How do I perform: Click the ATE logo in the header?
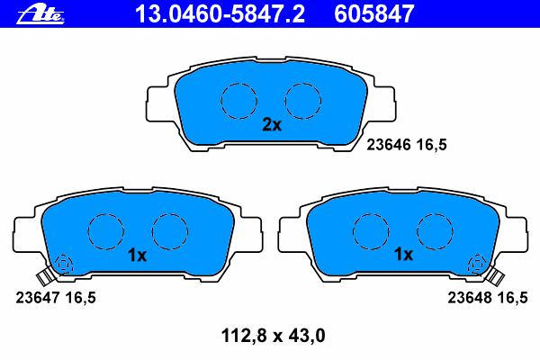tap(40, 14)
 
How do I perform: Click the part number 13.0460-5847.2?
tap(220, 14)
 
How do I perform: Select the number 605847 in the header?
tap(374, 14)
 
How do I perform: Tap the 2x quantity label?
tap(272, 125)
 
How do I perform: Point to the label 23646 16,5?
tap(407, 145)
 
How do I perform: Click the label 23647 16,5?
tap(56, 298)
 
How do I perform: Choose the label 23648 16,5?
tap(487, 298)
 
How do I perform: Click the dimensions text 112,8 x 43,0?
tap(273, 336)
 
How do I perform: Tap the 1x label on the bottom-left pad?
tap(137, 256)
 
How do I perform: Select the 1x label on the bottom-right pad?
tap(403, 255)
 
